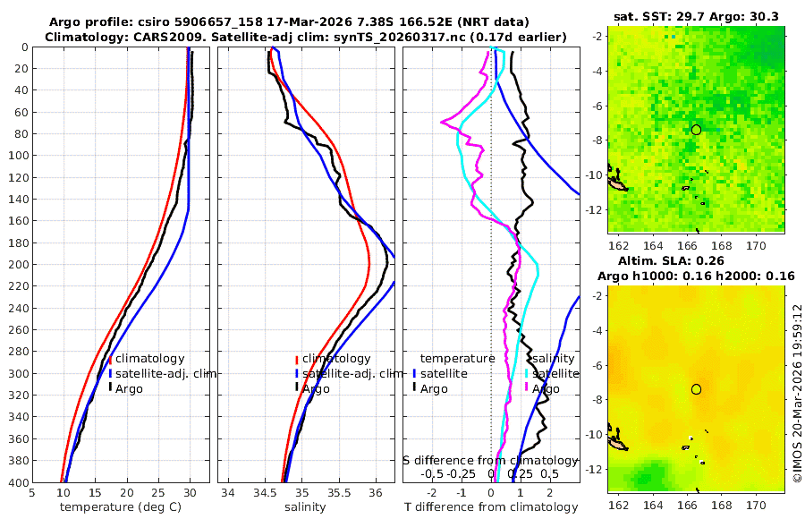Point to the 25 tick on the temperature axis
click(x=158, y=492)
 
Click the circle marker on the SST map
click(x=696, y=130)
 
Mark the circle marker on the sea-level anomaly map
click(x=696, y=389)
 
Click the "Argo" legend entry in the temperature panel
click(x=129, y=388)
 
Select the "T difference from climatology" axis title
click(x=491, y=507)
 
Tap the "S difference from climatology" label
click(x=490, y=460)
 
